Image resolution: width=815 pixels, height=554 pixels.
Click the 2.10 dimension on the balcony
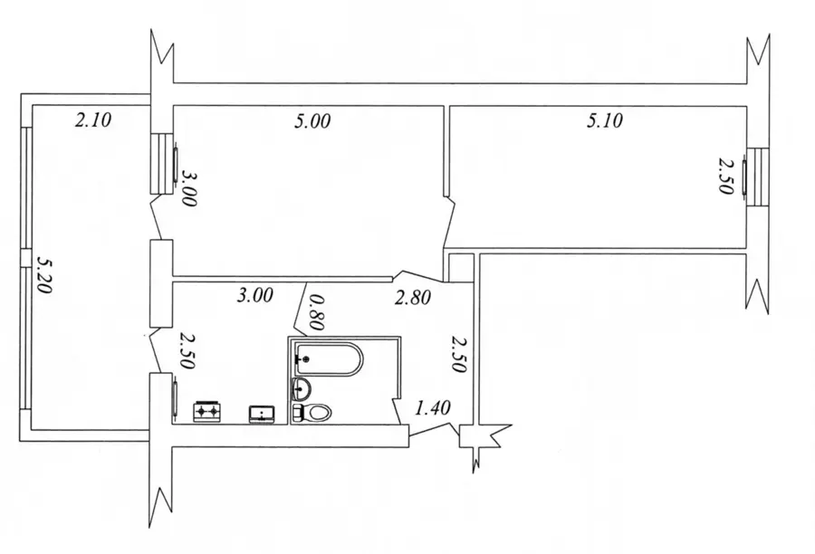coord(93,120)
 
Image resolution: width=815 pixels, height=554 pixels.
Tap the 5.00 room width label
coord(312,121)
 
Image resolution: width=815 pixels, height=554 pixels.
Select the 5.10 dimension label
coord(605,120)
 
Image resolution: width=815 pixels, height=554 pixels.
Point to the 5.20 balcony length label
coord(44,274)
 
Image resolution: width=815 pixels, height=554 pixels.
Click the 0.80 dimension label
coord(316,312)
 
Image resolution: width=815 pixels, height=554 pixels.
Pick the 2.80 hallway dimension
coord(413,298)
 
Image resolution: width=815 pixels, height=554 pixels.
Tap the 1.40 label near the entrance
coord(433,408)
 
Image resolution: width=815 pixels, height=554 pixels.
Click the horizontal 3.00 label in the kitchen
coord(254,295)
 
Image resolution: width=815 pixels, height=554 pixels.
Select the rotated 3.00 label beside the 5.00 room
coord(187,189)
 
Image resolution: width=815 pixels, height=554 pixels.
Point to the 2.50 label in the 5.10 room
coord(726,177)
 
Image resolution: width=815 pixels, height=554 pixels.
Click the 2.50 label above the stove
coord(187,351)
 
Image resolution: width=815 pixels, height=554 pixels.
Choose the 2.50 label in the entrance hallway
coord(459,355)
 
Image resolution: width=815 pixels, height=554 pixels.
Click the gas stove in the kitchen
coord(208,411)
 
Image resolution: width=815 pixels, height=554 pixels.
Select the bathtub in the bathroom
coord(329,358)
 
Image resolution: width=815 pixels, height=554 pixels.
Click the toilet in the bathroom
coord(312,413)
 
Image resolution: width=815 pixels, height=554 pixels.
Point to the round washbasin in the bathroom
coord(302,388)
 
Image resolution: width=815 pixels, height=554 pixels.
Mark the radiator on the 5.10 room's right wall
coord(744,177)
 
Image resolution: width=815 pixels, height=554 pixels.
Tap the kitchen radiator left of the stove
coord(176,398)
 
